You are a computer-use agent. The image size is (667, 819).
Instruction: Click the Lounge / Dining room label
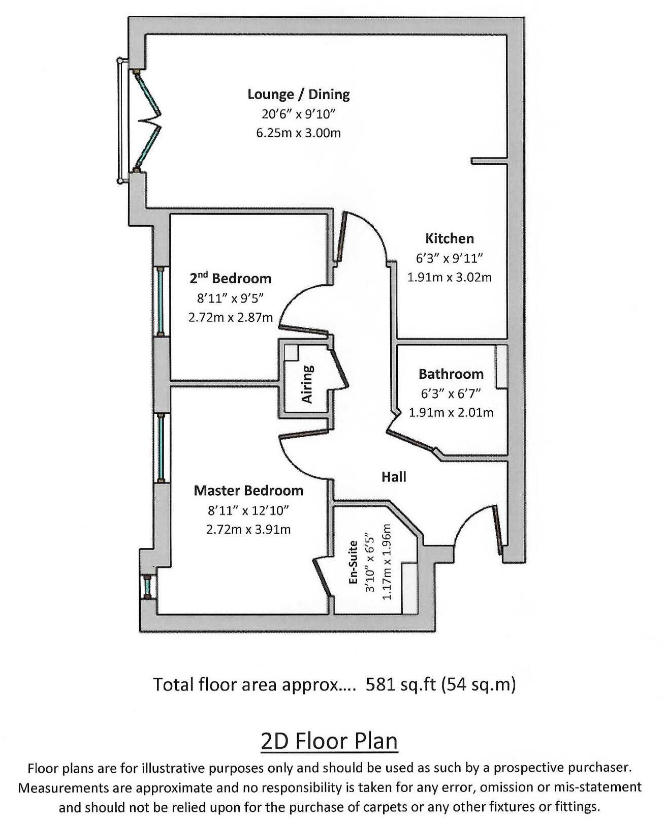tap(298, 94)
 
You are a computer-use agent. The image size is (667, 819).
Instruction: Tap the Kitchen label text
tap(449, 238)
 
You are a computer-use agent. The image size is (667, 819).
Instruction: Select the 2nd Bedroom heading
tap(231, 278)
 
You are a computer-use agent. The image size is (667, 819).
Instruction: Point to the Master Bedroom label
tap(248, 491)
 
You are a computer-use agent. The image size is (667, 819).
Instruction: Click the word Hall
tap(394, 477)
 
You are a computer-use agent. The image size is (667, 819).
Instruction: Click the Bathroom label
tap(451, 374)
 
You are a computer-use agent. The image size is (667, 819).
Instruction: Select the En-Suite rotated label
tap(354, 563)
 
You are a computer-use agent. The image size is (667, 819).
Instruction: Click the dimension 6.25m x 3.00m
tap(298, 133)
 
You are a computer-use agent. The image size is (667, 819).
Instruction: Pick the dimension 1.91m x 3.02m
tap(449, 278)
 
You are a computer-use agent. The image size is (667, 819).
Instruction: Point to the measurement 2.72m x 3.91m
tap(248, 529)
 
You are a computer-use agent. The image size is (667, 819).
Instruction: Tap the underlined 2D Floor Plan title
tap(329, 741)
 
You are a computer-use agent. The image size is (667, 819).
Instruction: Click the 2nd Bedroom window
tap(161, 301)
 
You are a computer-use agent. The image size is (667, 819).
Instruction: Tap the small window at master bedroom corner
tap(147, 588)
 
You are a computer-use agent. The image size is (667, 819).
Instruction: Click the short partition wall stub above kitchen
tap(489, 161)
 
